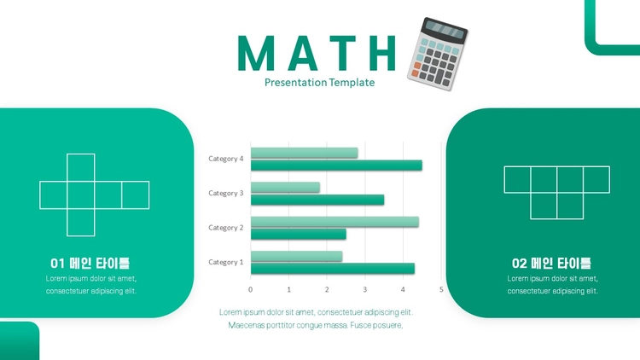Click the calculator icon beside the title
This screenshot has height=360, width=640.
pos(438,54)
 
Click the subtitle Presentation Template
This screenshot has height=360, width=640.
pos(320,83)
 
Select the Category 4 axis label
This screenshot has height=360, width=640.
pos(226,159)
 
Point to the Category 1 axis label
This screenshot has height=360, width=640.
pos(226,262)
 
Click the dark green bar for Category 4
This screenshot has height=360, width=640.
pos(336,165)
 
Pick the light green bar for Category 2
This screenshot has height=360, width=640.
pos(335,222)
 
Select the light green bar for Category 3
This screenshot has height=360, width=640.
pos(285,188)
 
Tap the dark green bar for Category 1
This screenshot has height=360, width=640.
pos(333,269)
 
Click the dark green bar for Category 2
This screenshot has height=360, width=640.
pos(299,235)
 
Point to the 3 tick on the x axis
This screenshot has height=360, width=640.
pos(365,289)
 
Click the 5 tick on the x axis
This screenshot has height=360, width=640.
pos(441,289)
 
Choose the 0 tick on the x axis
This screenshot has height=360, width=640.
pos(251,289)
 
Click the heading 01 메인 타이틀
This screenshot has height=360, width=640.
pos(90,264)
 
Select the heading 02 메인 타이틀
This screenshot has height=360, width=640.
pos(551,264)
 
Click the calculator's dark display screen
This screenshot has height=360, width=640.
pos(445,31)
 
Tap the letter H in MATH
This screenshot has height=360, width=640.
pos(381,53)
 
